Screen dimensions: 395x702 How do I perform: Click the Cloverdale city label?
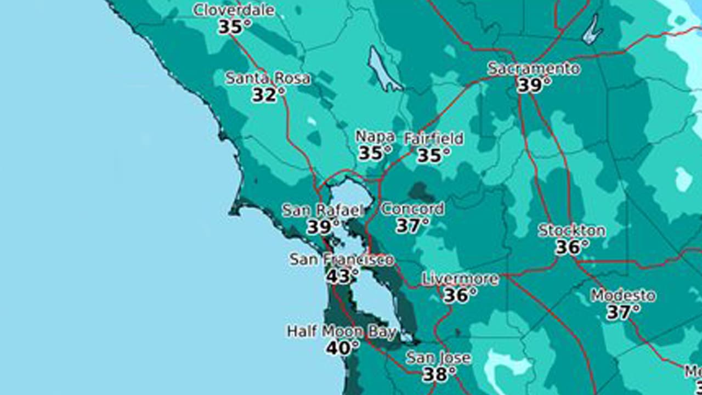234,10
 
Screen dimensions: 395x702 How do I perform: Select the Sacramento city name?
534,69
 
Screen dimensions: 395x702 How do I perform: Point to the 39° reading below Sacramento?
533,86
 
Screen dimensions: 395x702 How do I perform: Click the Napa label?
375,136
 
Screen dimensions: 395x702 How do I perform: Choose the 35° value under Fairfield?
433,156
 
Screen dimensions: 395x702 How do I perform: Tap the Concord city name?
413,209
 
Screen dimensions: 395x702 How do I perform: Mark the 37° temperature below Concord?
412,225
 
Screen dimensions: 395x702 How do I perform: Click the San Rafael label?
322,210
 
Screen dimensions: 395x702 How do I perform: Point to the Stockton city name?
571,230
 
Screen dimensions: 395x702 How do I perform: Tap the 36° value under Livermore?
460,296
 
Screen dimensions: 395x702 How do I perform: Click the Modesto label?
622,296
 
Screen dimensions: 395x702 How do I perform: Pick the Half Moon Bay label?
341,331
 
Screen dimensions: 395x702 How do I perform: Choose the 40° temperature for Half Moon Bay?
342,348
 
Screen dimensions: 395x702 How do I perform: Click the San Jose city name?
438,358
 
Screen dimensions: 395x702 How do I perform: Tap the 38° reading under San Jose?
439,375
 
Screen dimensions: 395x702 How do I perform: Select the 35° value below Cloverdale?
235,27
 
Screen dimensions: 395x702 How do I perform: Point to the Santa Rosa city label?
268,78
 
